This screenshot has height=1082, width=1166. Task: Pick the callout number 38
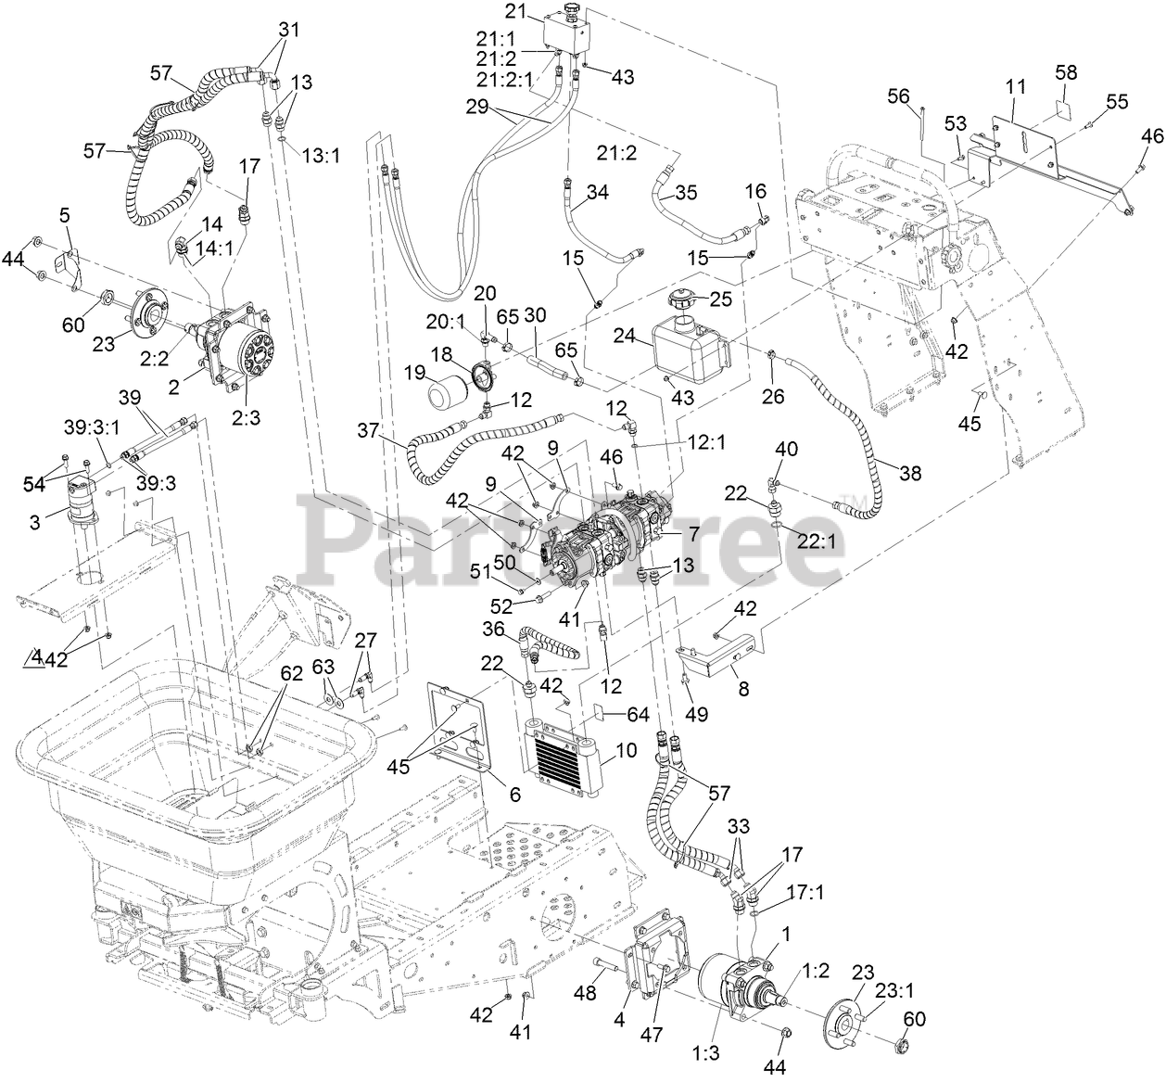point(911,473)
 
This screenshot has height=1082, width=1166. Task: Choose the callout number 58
point(1066,71)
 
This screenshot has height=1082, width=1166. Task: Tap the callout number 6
point(514,794)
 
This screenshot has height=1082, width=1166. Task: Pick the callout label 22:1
point(817,542)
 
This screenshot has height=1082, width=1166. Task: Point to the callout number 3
point(34,521)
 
